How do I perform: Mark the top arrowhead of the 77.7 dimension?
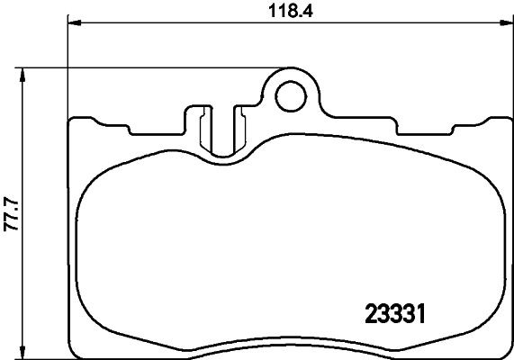coord(24,73)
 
